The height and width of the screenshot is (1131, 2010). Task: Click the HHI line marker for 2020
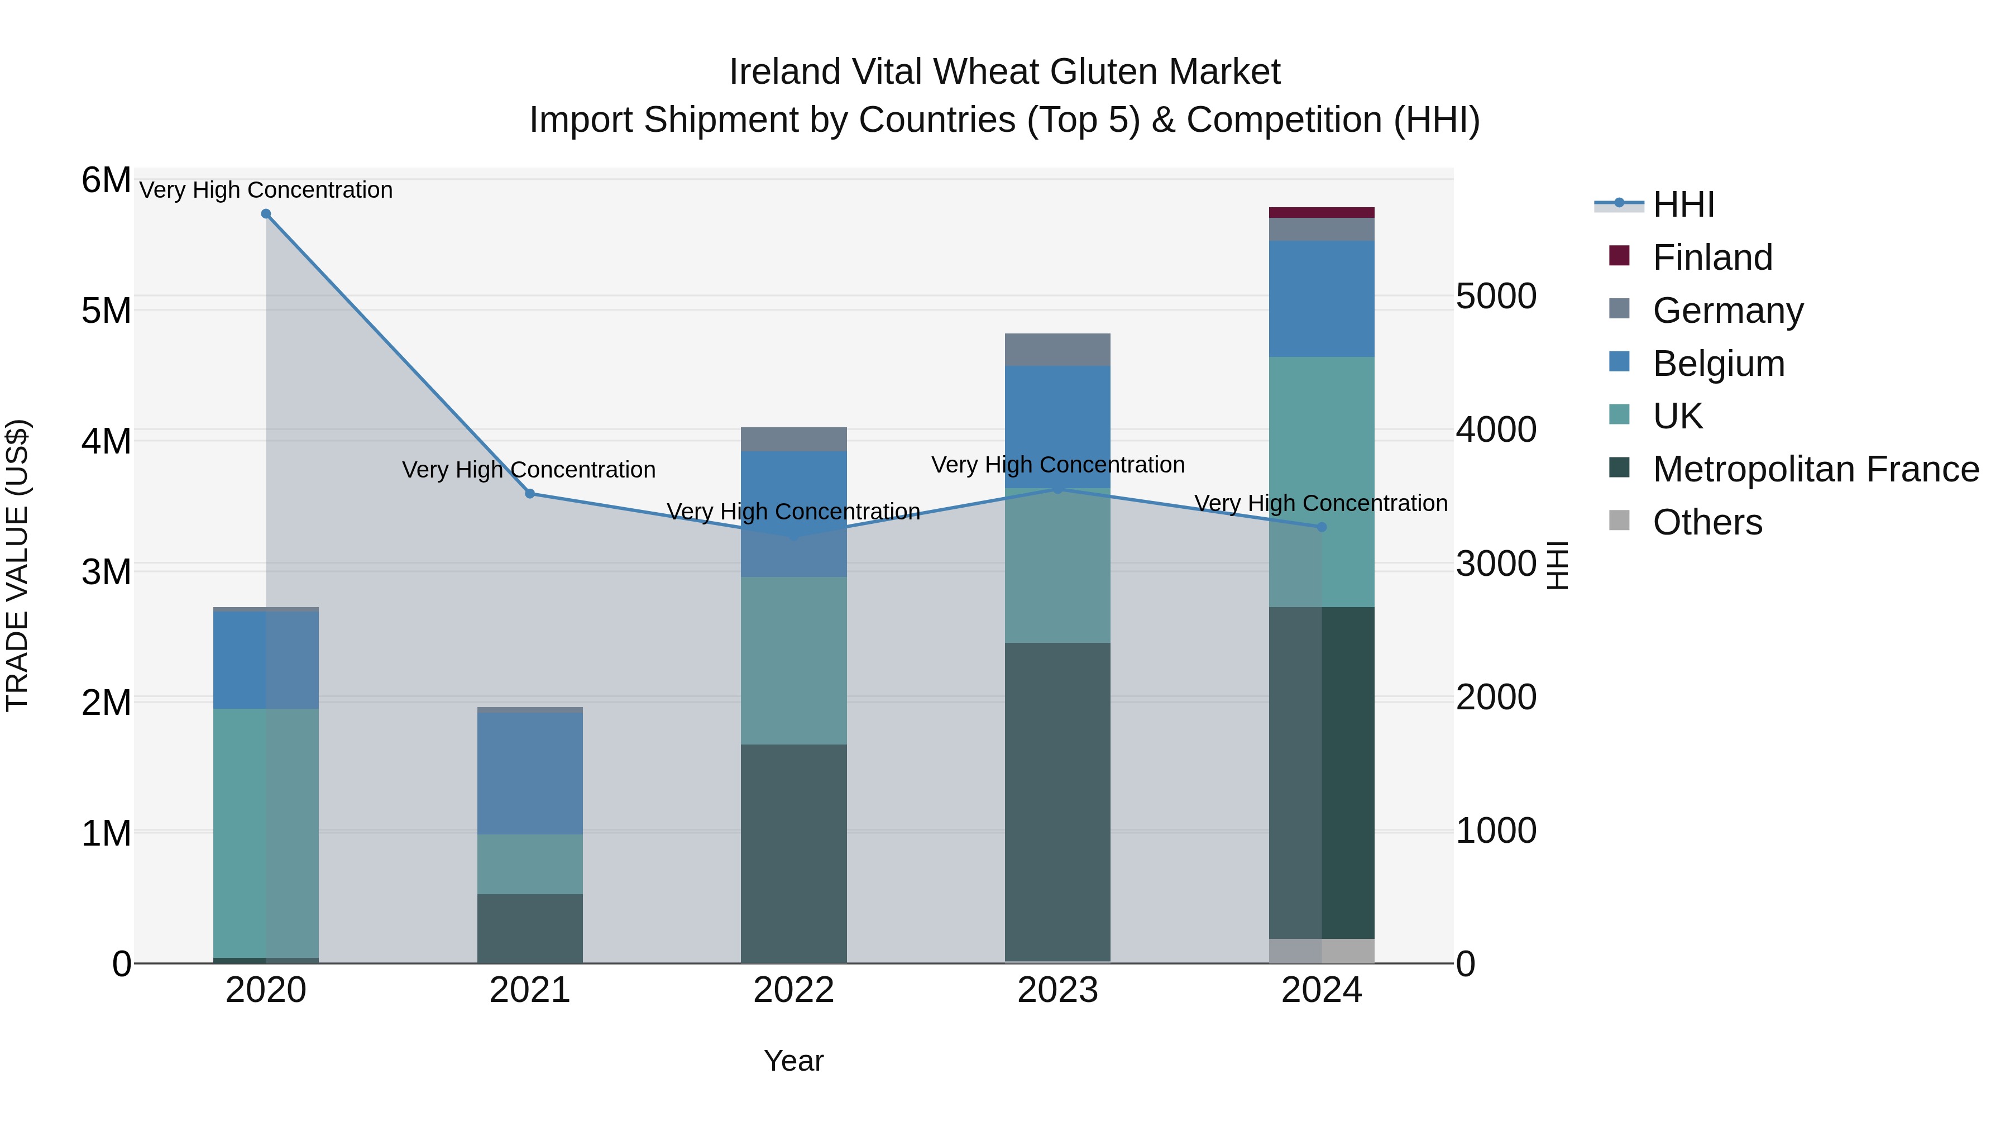(x=266, y=214)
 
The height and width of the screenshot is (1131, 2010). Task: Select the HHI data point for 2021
(x=530, y=493)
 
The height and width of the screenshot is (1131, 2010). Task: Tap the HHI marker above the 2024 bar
(x=1322, y=527)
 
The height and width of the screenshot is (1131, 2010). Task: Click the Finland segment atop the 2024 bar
(x=1322, y=212)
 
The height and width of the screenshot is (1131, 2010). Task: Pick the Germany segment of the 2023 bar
(x=1057, y=350)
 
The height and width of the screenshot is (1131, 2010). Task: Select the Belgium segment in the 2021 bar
(x=530, y=773)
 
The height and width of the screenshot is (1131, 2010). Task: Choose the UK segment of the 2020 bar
(x=266, y=831)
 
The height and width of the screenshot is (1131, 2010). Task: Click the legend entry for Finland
(x=1713, y=257)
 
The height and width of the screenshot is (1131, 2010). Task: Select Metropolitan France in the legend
(x=1816, y=469)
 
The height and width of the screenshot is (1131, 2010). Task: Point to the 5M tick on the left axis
(x=107, y=311)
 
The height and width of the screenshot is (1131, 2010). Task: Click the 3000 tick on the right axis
(x=1496, y=564)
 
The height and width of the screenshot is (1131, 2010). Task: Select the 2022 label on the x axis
(x=793, y=990)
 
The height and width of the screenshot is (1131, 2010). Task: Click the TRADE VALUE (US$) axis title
(x=18, y=565)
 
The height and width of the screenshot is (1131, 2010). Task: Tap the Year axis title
(x=793, y=1061)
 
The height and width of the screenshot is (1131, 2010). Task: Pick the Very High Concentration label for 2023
(x=1057, y=465)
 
